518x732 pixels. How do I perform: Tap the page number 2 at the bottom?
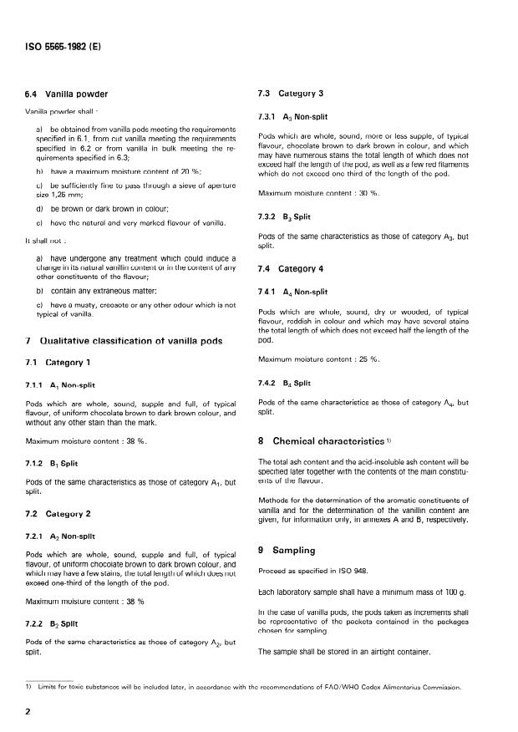point(29,712)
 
